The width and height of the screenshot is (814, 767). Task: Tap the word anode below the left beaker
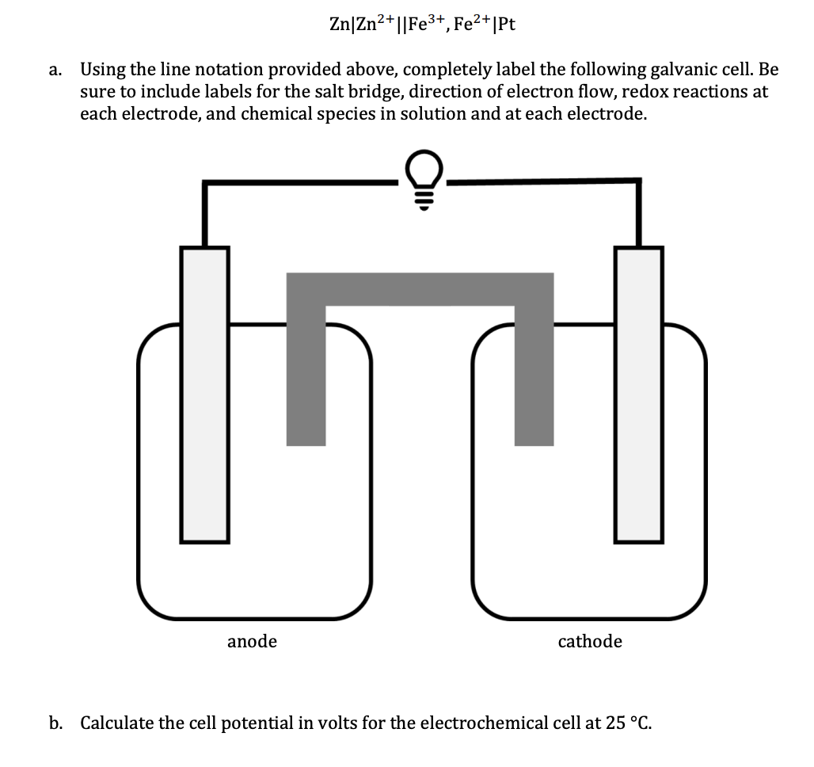[x=252, y=641]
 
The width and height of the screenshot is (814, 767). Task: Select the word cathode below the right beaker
[x=590, y=641]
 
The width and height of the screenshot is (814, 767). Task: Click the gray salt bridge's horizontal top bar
[x=420, y=289]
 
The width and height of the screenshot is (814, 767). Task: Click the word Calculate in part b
[x=115, y=723]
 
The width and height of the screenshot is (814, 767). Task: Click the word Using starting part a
[x=101, y=70]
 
